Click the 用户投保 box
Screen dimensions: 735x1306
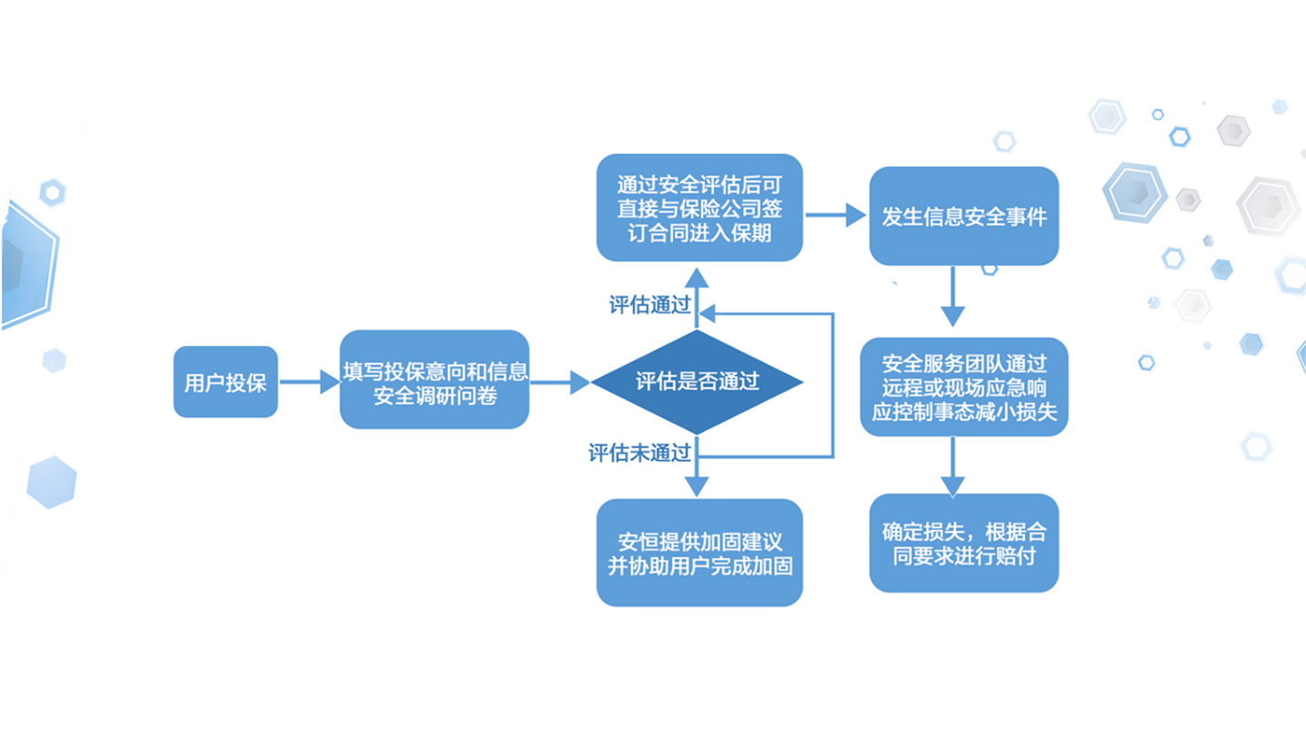pos(225,382)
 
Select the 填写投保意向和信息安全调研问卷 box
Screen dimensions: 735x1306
pos(434,383)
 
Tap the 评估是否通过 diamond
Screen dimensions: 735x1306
pos(697,381)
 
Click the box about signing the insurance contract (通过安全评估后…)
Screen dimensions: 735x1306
pos(699,208)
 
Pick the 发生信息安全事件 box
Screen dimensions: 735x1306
pos(964,217)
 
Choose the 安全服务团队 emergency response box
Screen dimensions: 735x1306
pos(964,387)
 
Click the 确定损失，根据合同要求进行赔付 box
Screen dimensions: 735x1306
pos(964,543)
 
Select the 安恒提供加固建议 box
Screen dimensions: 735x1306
pos(699,553)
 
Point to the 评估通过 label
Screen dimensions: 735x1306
pos(649,305)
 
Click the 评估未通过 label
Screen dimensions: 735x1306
pos(639,453)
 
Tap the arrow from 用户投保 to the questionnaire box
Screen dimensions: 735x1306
pos(308,382)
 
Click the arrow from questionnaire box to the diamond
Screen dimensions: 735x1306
pos(560,382)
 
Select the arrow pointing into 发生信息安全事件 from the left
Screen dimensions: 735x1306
pos(836,215)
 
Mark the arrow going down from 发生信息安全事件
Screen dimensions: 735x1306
pos(952,296)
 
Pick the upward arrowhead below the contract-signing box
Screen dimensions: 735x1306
pos(697,276)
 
